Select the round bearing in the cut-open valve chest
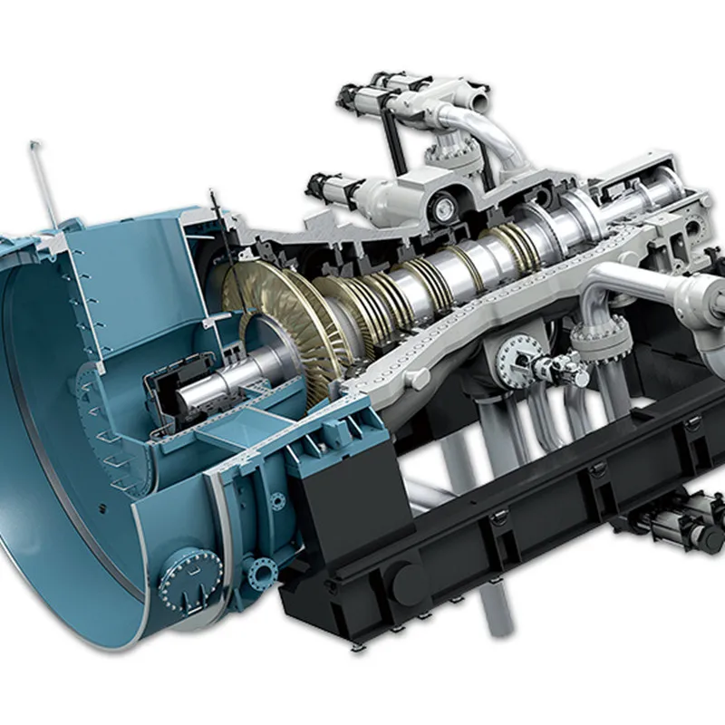click(x=444, y=208)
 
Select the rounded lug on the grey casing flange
click(x=419, y=376)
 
